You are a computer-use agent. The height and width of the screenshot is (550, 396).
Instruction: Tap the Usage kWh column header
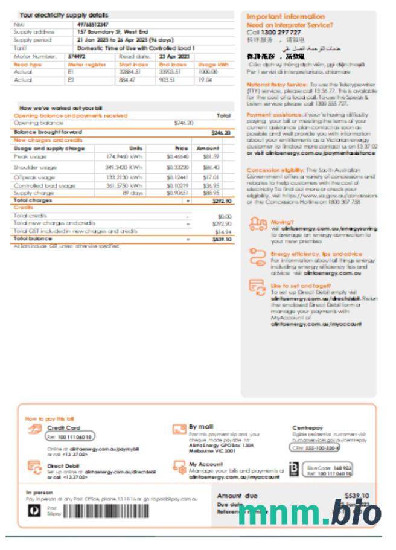[x=214, y=64]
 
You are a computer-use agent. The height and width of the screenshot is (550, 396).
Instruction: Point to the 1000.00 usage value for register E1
[x=208, y=72]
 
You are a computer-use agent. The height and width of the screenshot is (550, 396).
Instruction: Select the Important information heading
[x=286, y=16]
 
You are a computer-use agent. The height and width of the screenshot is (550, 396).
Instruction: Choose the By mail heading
[x=201, y=426]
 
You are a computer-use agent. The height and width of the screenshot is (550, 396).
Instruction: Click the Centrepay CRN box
[x=315, y=448]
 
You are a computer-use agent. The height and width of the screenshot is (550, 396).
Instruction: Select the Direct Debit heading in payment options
[x=63, y=465]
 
